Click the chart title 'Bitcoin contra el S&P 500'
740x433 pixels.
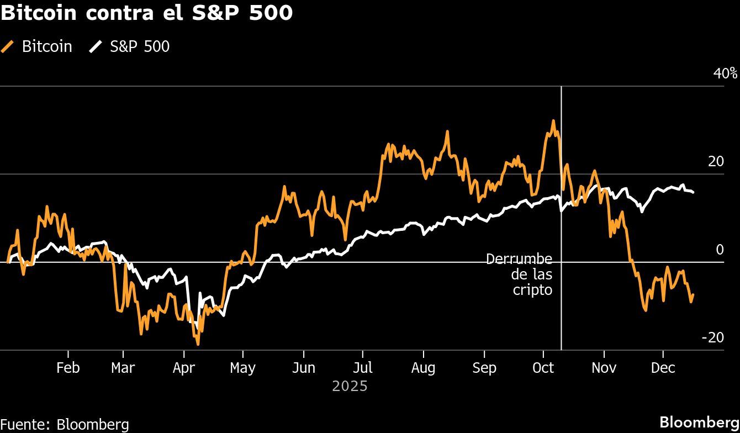[x=146, y=13]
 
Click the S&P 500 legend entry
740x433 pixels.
[x=130, y=46]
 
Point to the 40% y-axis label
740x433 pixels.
[x=725, y=73]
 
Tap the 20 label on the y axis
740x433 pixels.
[x=716, y=161]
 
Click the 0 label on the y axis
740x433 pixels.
[x=720, y=250]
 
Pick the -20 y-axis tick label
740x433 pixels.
[x=712, y=337]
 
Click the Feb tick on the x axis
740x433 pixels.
[x=68, y=368]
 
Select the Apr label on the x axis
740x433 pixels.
[x=183, y=368]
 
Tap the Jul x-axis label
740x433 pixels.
[x=363, y=368]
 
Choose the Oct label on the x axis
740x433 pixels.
[x=544, y=368]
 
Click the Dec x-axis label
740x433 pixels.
[x=663, y=368]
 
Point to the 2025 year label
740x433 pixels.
[x=350, y=386]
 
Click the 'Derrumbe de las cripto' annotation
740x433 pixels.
[x=519, y=274]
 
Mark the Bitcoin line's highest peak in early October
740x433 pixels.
[x=553, y=120]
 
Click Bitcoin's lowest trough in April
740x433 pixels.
[x=198, y=344]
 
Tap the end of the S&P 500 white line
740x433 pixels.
[x=694, y=192]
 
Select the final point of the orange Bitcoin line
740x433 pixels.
[x=693, y=295]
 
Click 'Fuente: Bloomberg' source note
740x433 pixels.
[x=65, y=424]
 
